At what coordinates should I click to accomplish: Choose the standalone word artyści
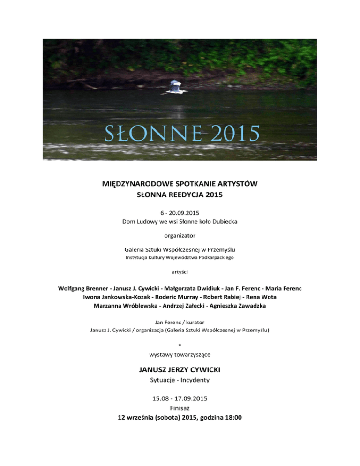pyautogui.click(x=180, y=271)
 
